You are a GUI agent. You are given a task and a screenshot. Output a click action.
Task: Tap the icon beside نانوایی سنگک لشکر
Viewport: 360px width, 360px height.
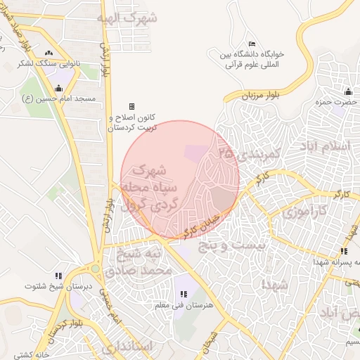(x=49, y=53)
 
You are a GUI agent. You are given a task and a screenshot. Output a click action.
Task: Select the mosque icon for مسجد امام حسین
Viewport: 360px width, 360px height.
(x=58, y=89)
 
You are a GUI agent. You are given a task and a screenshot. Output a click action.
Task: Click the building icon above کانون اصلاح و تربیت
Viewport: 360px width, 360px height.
(x=131, y=106)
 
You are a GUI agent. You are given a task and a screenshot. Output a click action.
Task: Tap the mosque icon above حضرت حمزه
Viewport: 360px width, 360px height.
(x=348, y=91)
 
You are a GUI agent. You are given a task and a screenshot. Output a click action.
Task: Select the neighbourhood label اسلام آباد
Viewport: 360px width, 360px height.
(x=324, y=146)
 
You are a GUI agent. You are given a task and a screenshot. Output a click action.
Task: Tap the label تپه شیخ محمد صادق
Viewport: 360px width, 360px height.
(x=138, y=260)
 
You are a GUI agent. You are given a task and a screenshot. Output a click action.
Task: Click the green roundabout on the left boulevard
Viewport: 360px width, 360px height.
(x=95, y=268)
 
